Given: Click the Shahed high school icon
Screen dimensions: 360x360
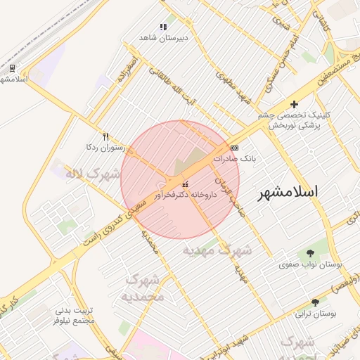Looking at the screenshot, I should coord(163,27).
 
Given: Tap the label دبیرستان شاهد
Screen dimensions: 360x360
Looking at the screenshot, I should coord(164,37).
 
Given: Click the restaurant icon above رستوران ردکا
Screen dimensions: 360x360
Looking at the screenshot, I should coord(105,136).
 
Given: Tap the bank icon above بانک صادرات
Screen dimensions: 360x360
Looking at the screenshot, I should coord(234,148).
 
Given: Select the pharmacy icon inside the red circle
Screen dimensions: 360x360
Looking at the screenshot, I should coord(185,184).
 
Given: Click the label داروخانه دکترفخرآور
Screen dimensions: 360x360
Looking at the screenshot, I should coord(186,194).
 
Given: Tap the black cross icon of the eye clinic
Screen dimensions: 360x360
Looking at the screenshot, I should coord(294,104).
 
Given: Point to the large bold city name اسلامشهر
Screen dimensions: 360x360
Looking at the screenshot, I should coord(288,191).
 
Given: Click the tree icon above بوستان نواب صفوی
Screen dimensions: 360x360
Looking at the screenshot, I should coord(310,253).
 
